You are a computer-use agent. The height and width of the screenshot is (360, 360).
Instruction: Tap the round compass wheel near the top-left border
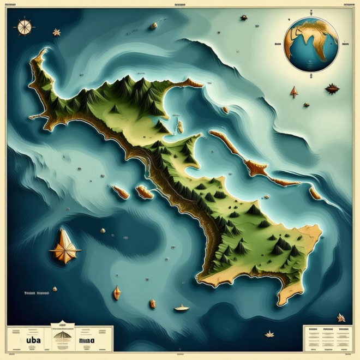[x=23, y=26]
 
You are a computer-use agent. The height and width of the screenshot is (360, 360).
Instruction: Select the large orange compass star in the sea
[x=65, y=248]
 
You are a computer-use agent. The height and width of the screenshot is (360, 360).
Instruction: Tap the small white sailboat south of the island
[x=182, y=308]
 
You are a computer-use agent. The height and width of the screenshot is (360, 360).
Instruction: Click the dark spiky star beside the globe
[x=332, y=88]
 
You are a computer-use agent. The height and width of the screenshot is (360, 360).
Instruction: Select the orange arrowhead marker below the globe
[x=294, y=92]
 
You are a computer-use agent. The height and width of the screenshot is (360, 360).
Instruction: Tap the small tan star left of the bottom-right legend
[x=269, y=334]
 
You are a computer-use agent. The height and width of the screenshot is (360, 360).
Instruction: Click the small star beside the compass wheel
[x=57, y=32]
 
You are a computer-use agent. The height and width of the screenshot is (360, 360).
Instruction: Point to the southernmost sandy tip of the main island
[x=287, y=298]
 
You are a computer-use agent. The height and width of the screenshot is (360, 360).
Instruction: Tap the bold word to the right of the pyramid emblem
[x=87, y=341]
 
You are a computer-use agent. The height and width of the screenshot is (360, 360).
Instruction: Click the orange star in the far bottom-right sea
[x=341, y=317]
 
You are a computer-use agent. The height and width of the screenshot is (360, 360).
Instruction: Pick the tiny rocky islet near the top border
[x=154, y=25]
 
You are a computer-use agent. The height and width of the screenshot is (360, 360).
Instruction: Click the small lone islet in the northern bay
[x=180, y=127]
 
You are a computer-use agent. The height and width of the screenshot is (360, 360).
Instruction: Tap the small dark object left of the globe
[x=243, y=18]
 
